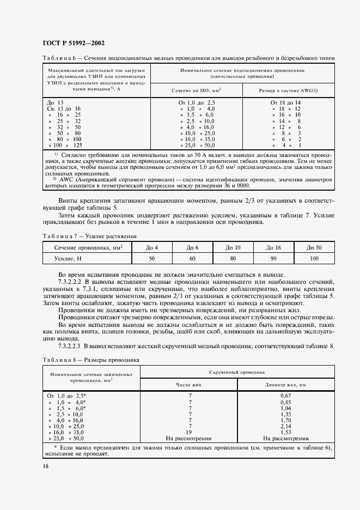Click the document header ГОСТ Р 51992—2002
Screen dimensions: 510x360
tap(74, 43)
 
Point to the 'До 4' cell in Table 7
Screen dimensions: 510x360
tap(151, 248)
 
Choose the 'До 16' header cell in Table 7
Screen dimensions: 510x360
tap(273, 248)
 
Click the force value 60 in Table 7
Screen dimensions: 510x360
tap(192, 259)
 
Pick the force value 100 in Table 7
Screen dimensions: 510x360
tap(314, 259)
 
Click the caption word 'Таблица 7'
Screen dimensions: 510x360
tap(57, 236)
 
